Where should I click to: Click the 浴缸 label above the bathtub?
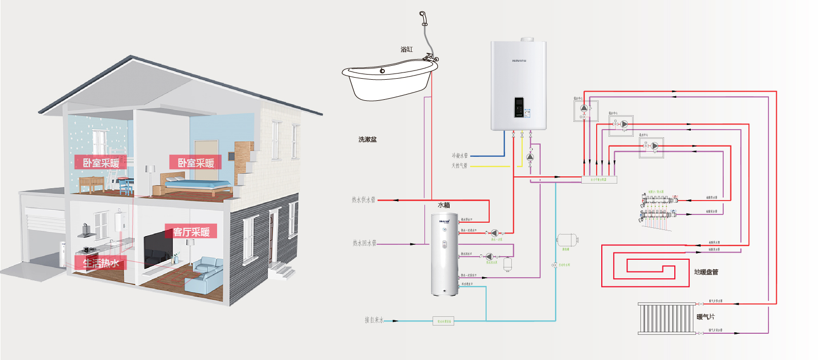tap(406, 49)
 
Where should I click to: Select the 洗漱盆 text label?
tap(367, 139)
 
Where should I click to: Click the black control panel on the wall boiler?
tap(519, 107)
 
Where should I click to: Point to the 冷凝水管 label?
tap(459, 155)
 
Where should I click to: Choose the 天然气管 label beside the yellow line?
tap(459, 166)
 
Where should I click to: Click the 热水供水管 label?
tap(363, 200)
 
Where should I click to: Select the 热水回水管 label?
tap(364, 243)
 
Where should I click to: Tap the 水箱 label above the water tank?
tap(443, 205)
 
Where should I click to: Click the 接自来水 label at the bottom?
tap(374, 320)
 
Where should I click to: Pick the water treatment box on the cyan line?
tap(443, 321)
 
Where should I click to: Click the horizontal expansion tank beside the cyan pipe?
tap(567, 240)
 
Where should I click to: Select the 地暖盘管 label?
tap(706, 272)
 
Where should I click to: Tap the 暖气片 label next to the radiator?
tap(705, 317)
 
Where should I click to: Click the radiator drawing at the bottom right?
tap(666, 318)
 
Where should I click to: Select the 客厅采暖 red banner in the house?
tap(191, 232)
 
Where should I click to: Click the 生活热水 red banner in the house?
tap(101, 263)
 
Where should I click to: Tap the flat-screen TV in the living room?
tap(157, 249)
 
